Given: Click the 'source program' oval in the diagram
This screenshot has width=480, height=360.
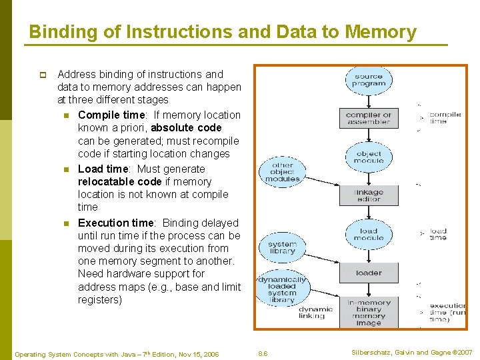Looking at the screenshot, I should pyautogui.click(x=369, y=80).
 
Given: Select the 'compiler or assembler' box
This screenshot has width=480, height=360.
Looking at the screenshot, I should pyautogui.click(x=369, y=118).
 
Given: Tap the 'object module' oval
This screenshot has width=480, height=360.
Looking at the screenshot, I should pyautogui.click(x=369, y=157).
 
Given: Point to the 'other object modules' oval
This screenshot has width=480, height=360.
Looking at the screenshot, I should pyautogui.click(x=283, y=172).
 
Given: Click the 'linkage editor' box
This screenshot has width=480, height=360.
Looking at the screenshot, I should pyautogui.click(x=369, y=195).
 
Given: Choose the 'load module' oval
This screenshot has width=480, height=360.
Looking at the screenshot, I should pyautogui.click(x=369, y=234).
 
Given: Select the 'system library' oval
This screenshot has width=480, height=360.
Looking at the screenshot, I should pyautogui.click(x=282, y=247).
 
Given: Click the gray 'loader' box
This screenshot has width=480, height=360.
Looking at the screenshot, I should pyautogui.click(x=369, y=272).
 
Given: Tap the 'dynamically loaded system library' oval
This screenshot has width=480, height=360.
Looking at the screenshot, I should pyautogui.click(x=282, y=289).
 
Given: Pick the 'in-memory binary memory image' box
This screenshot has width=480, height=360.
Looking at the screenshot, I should pyautogui.click(x=369, y=313).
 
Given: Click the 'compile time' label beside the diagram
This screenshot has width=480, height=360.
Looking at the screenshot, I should pyautogui.click(x=445, y=118).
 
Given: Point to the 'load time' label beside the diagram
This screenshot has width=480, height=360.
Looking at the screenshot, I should pyautogui.click(x=438, y=234).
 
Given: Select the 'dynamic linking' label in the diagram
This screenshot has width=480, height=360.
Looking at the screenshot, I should pyautogui.click(x=315, y=313).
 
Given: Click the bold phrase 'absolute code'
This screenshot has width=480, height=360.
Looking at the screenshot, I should pyautogui.click(x=186, y=127).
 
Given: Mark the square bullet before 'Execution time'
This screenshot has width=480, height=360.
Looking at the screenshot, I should pyautogui.click(x=67, y=223).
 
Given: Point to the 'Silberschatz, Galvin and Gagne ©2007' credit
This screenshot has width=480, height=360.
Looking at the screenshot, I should pyautogui.click(x=411, y=352).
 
